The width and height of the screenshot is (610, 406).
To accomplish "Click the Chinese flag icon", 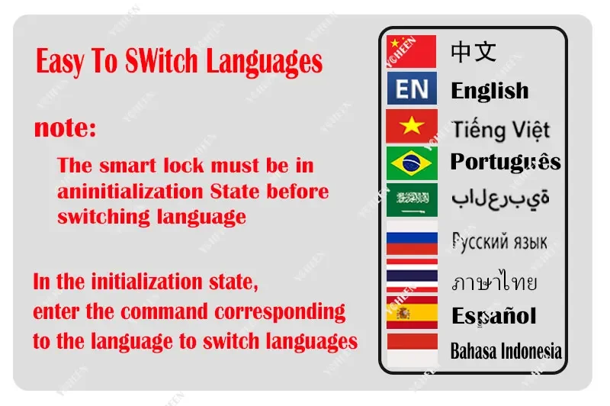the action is (411, 51).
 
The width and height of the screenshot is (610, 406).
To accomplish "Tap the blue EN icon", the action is (412, 88).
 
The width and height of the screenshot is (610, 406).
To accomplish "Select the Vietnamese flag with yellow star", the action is (412, 126).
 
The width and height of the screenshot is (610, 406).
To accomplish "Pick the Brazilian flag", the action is (412, 163).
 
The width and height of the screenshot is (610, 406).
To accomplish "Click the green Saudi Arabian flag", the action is (412, 200).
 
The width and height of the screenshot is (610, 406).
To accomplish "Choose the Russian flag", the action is (412, 237).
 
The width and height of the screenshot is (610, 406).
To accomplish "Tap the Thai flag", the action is (412, 275).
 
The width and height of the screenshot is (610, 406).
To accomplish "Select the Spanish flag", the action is (412, 313).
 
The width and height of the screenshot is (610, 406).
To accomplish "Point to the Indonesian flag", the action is (412, 350).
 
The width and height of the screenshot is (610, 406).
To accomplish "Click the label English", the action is (490, 92).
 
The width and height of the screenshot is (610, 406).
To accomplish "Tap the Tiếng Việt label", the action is (501, 130).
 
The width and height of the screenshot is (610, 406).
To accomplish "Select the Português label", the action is (506, 162).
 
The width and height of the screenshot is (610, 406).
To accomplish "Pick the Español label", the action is (493, 316).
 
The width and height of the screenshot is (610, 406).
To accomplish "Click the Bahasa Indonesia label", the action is (506, 351).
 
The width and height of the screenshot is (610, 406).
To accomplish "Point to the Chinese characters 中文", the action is (474, 52).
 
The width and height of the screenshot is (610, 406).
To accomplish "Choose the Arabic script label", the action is (500, 199).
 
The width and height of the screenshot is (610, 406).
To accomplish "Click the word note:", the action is (65, 128).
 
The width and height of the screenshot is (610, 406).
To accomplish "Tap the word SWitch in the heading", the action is (162, 61).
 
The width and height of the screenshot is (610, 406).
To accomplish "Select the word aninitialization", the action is (130, 192).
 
